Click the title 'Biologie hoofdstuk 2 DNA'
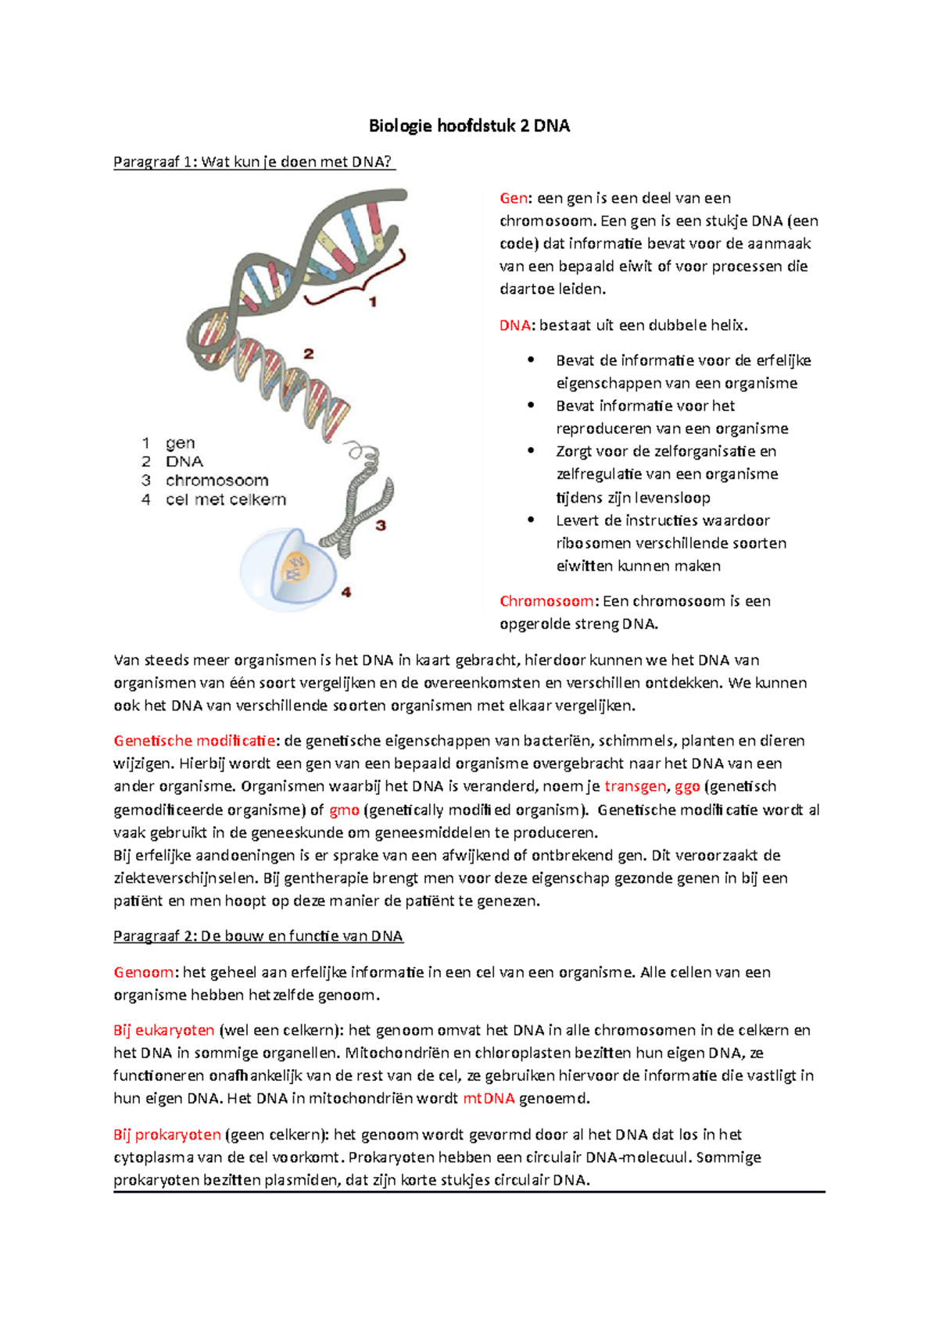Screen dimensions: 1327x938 point(469,126)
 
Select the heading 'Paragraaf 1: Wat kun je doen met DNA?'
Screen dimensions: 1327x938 point(253,162)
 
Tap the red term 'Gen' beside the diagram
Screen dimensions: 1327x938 point(513,199)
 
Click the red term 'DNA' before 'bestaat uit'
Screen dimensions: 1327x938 point(514,325)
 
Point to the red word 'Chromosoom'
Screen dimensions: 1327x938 point(546,601)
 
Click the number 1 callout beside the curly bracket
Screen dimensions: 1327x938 point(373,302)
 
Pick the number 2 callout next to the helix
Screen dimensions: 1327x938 point(309,354)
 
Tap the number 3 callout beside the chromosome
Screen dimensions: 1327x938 point(381,525)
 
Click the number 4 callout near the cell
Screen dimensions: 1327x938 point(345,592)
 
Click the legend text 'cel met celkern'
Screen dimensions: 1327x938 point(225,499)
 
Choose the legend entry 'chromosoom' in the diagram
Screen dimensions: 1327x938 point(217,481)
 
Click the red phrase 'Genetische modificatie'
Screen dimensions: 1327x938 point(195,741)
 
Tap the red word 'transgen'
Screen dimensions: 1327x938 point(635,786)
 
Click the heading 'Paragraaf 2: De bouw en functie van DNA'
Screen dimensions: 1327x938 point(258,936)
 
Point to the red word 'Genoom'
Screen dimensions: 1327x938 point(144,972)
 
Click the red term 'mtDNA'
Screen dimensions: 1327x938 point(489,1098)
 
